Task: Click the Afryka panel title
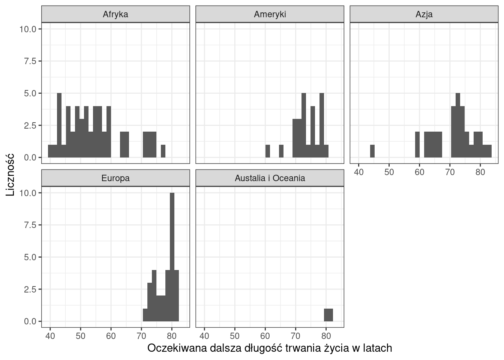click(x=115, y=14)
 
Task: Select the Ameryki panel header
click(x=270, y=14)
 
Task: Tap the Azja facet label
click(x=424, y=14)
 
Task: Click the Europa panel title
click(x=115, y=178)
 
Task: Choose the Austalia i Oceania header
click(x=270, y=178)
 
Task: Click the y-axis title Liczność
click(x=10, y=174)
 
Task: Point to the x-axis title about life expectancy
click(x=270, y=348)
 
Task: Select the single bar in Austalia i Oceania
click(x=328, y=315)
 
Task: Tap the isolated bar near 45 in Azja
click(x=372, y=151)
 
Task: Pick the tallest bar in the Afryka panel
click(x=59, y=125)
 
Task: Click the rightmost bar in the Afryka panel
click(x=163, y=151)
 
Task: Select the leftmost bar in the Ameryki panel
click(x=268, y=151)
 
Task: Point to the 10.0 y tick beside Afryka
click(x=28, y=29)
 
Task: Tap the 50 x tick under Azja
click(x=389, y=172)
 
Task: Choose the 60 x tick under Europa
click(x=111, y=336)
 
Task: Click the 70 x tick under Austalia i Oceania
click(x=295, y=336)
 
